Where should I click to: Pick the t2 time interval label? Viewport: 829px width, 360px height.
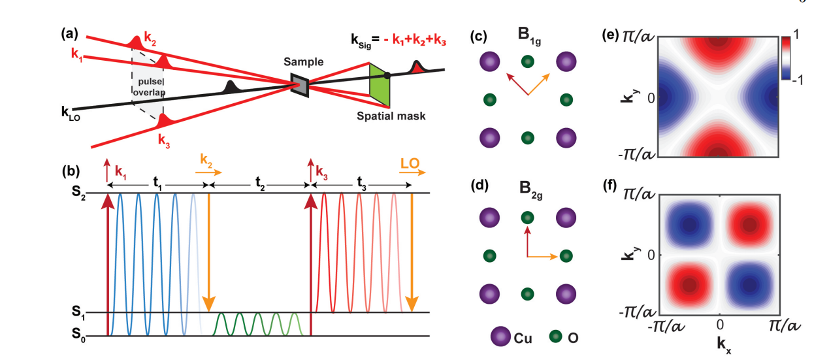pyautogui.click(x=258, y=184)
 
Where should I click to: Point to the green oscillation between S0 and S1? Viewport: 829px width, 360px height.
pyautogui.click(x=258, y=324)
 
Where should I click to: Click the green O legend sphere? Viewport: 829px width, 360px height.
pyautogui.click(x=555, y=336)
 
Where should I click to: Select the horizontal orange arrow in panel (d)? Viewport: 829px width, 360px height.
pyautogui.click(x=543, y=256)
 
